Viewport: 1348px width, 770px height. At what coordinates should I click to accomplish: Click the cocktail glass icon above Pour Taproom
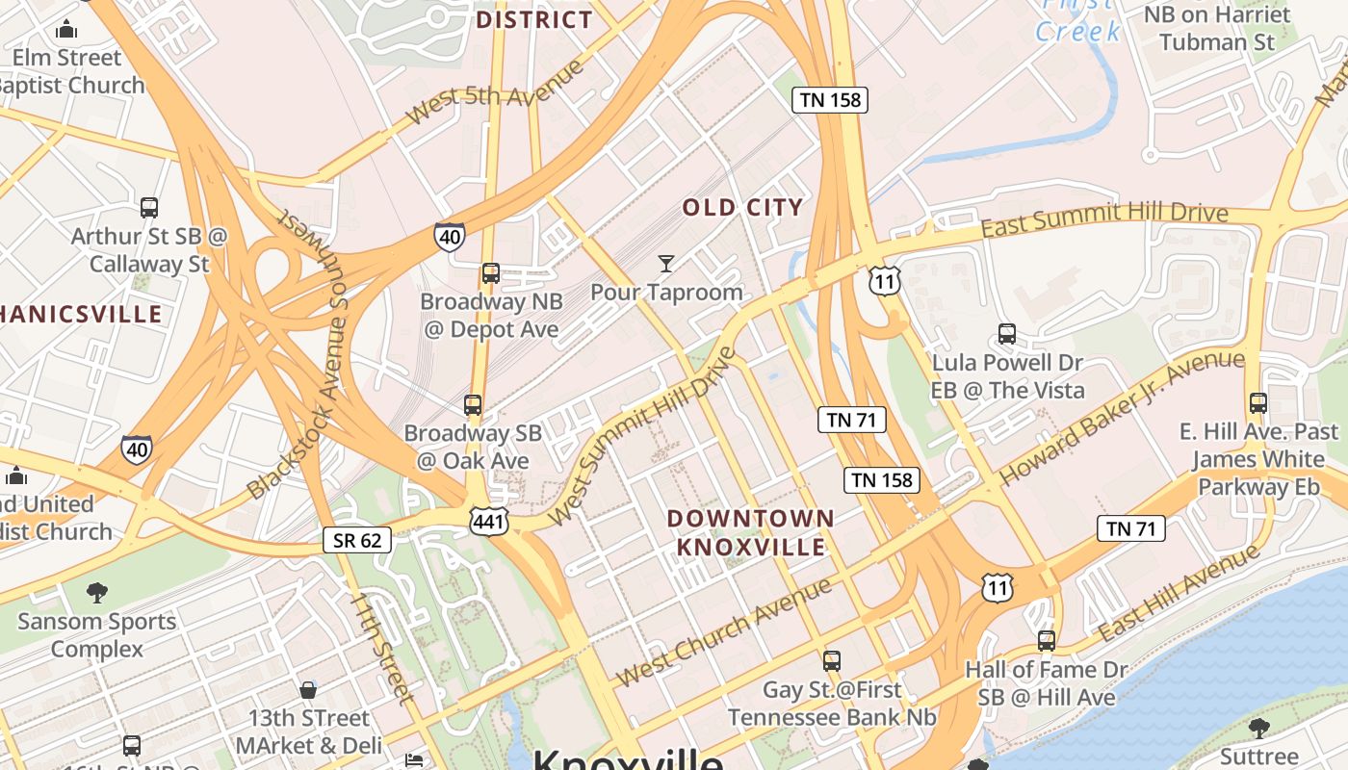(x=665, y=263)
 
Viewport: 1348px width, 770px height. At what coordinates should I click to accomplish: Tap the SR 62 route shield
(x=357, y=540)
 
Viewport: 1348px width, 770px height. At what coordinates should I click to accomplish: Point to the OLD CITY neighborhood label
(x=742, y=207)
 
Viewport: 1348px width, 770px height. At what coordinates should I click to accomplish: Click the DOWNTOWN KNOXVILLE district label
(x=751, y=532)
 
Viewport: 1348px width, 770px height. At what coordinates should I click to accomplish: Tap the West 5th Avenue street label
(x=495, y=92)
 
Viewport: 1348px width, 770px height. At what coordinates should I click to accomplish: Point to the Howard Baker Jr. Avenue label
(x=1123, y=418)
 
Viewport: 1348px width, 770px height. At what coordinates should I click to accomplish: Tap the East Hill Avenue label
(x=1179, y=593)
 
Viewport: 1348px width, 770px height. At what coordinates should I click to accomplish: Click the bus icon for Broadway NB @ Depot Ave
(x=491, y=273)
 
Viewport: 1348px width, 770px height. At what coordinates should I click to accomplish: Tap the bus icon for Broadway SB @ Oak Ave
(x=473, y=405)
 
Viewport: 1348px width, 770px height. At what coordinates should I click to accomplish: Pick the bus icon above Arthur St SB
(x=149, y=207)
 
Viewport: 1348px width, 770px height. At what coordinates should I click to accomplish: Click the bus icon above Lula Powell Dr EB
(x=1007, y=334)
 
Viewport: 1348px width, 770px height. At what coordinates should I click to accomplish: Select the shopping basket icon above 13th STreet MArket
(x=308, y=690)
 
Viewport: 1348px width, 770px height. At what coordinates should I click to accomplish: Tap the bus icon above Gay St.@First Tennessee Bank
(x=832, y=661)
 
